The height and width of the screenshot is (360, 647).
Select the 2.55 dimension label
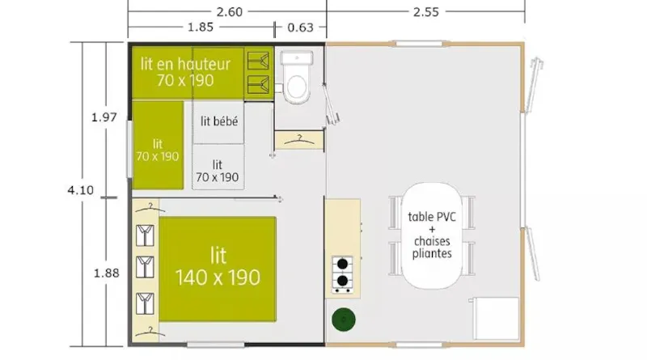[426, 12]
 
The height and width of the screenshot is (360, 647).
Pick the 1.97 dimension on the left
[104, 116]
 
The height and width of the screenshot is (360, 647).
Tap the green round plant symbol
[343, 320]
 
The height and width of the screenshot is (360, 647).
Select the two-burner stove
[343, 273]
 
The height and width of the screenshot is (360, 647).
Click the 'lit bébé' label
[218, 121]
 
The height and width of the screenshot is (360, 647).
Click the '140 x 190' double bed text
[218, 277]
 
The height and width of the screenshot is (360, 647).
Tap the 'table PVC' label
[433, 216]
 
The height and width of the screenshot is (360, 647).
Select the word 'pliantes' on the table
[433, 253]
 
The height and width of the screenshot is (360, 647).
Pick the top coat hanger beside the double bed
[146, 234]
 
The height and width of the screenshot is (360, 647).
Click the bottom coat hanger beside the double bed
[146, 303]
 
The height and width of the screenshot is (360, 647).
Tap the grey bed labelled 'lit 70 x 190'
[218, 168]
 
